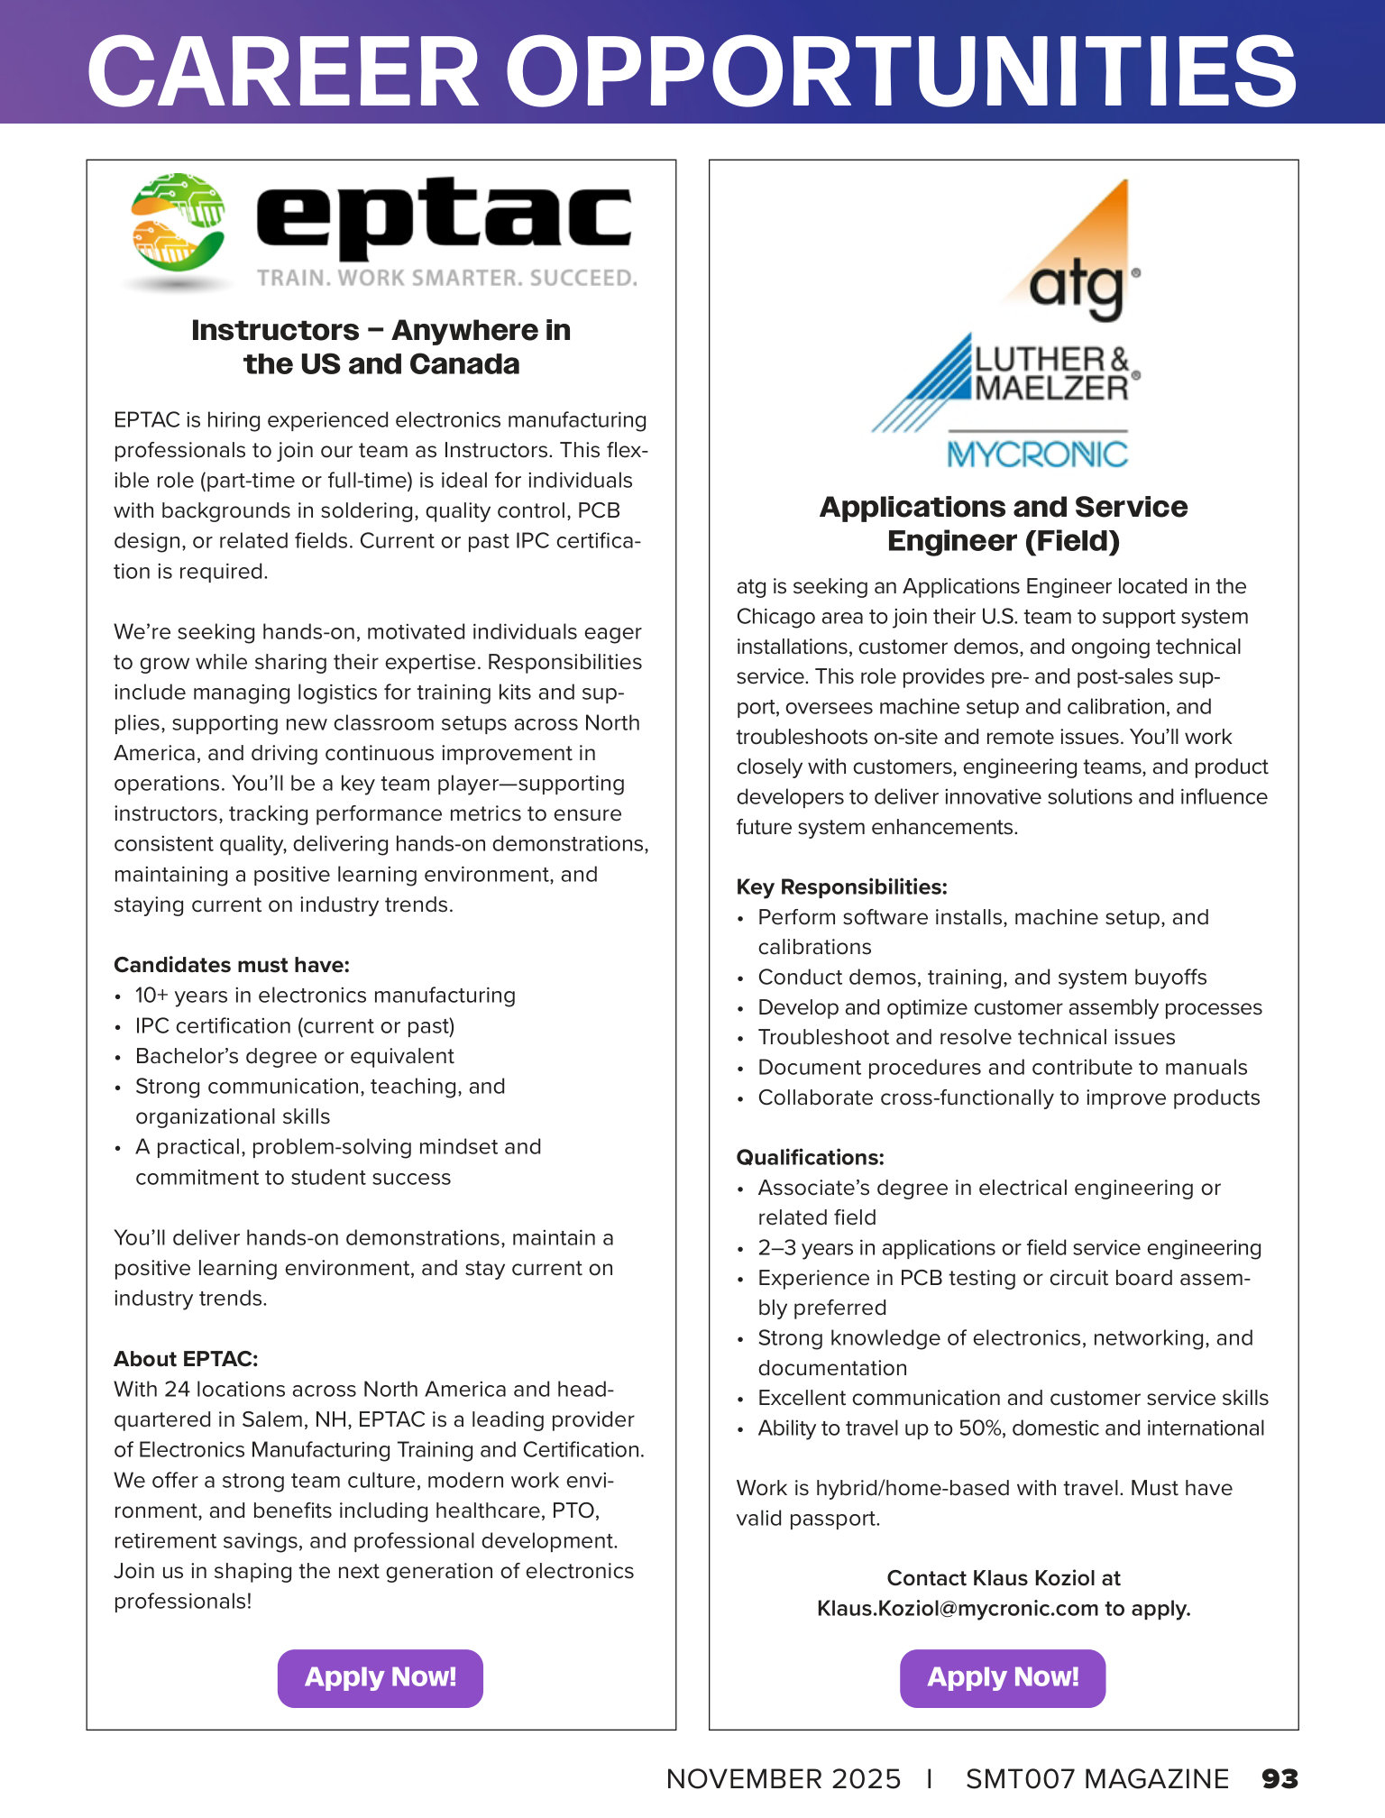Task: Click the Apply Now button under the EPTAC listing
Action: pos(380,1677)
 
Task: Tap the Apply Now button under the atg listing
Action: pos(1003,1677)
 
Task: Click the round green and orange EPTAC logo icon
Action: pos(178,224)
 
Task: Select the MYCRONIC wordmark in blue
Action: pos(1037,454)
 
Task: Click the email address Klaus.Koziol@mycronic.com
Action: pos(957,1609)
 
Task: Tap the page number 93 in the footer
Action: pos(1280,1778)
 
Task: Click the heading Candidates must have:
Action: pos(232,965)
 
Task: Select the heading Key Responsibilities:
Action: pos(841,887)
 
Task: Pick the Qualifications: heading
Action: pos(810,1158)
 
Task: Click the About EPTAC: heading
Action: pos(186,1359)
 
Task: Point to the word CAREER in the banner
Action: pos(282,72)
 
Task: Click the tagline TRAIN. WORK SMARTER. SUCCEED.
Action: pos(446,278)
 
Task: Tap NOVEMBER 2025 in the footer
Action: pos(783,1778)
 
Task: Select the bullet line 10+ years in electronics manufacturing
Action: pos(325,996)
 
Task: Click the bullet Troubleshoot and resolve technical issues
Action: pos(966,1038)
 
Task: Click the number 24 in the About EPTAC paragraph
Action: pos(177,1390)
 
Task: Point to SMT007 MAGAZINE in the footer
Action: pos(1096,1778)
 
